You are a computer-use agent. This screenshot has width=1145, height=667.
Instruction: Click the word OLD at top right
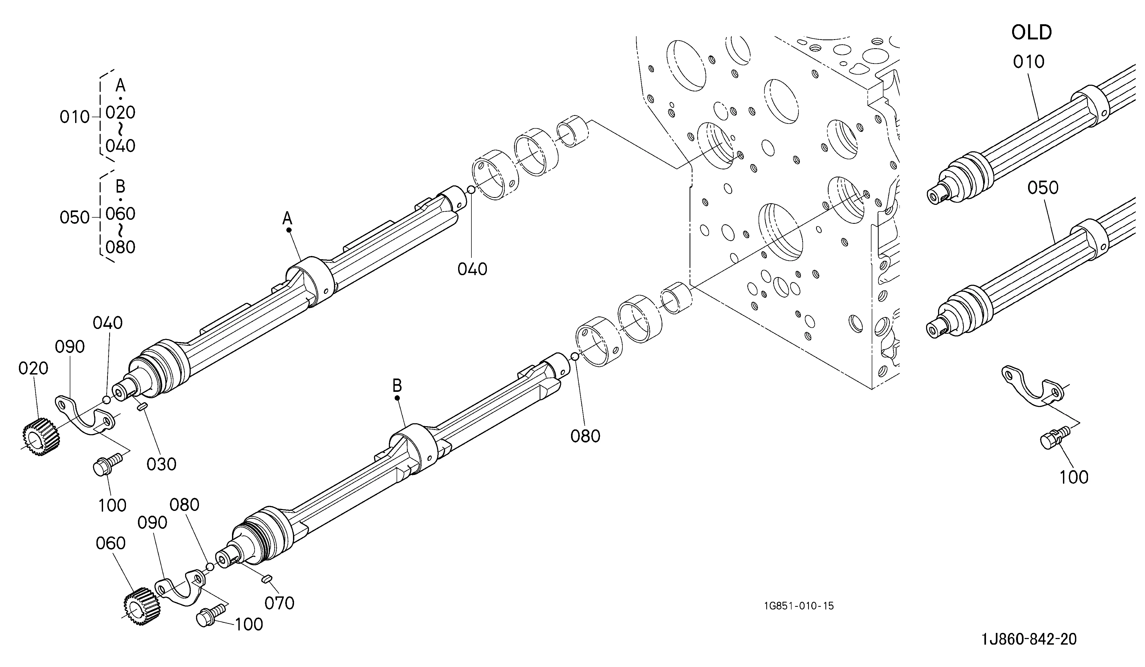(x=1032, y=33)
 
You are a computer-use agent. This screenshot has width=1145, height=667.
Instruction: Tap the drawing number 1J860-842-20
(x=1029, y=639)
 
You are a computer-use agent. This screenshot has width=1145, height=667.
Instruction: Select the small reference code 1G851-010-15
(x=799, y=606)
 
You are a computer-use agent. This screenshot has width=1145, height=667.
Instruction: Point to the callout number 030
(x=161, y=464)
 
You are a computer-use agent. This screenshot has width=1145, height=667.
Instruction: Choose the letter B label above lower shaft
(x=397, y=386)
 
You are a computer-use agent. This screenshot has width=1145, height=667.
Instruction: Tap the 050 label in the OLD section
(x=1043, y=188)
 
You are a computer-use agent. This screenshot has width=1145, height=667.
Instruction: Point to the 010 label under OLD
(x=1029, y=62)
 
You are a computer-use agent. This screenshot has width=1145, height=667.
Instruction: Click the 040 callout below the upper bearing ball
(x=472, y=269)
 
